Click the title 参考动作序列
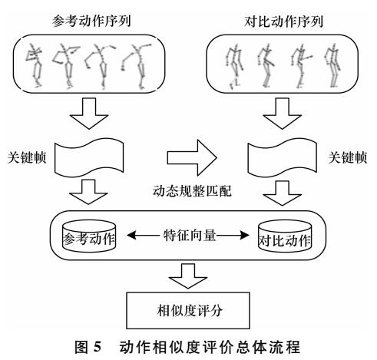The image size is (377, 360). [91, 21]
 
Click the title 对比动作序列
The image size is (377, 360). [283, 21]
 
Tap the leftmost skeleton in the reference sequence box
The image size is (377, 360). [35, 65]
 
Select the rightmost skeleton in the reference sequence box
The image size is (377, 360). [137, 66]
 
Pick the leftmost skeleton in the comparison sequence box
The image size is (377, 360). [234, 67]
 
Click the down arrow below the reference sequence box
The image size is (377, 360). [89, 114]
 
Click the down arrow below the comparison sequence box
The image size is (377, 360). [282, 114]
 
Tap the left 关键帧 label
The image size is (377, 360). [27, 157]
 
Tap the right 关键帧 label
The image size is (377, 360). [348, 157]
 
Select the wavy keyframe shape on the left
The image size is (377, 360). [89, 157]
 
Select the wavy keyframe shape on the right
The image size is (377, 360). [283, 157]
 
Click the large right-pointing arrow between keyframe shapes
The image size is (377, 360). [192, 157]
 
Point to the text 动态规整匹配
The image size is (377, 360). [192, 191]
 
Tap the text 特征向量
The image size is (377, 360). [190, 235]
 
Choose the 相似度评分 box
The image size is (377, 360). [188, 311]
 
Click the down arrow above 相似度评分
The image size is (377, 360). [188, 276]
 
